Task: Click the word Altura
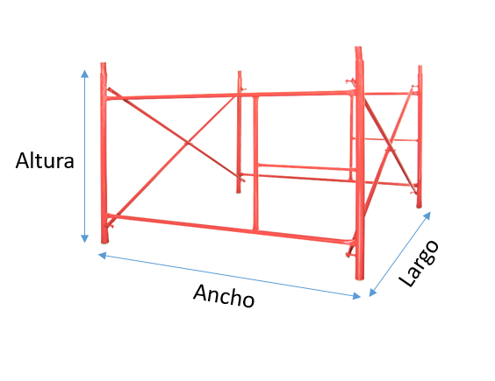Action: tap(45, 160)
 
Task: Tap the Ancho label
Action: tap(224, 295)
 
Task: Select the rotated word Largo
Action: tap(419, 264)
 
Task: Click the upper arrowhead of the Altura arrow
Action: tap(84, 74)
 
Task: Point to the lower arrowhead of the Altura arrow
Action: tap(84, 238)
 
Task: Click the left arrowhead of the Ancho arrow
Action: tap(103, 255)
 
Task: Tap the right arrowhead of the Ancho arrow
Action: tap(356, 295)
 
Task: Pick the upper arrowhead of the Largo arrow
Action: tap(427, 215)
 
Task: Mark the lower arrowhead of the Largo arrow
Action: tap(372, 293)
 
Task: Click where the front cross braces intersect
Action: tap(189, 144)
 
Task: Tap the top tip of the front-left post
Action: tap(104, 64)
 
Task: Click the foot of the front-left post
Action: tap(104, 242)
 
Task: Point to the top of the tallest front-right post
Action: tap(358, 48)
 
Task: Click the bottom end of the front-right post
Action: tap(360, 278)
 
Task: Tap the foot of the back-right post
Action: tap(419, 207)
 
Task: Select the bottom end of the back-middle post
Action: tap(239, 192)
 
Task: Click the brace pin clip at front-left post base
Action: tap(110, 226)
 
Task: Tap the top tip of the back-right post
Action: tap(420, 67)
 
